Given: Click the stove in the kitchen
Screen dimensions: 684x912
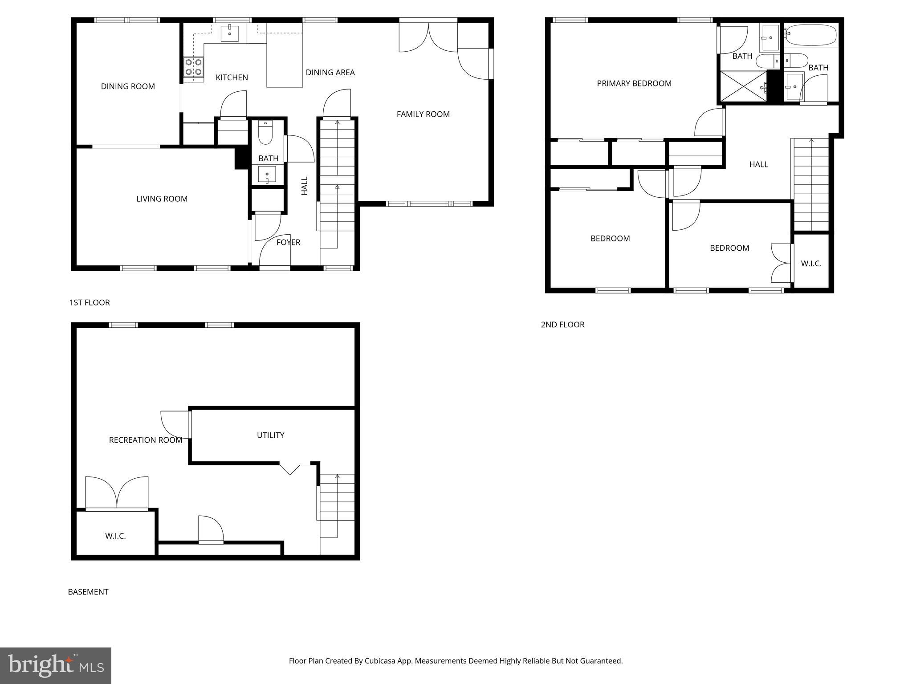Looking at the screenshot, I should click(x=193, y=67).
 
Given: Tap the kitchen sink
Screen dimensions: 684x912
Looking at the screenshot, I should click(x=230, y=33).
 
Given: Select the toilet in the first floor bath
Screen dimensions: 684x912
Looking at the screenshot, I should click(x=265, y=133).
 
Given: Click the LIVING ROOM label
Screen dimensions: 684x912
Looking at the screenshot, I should click(x=162, y=199).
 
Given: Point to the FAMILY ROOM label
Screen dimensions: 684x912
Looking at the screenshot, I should click(x=423, y=114).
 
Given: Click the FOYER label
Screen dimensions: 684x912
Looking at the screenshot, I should click(x=288, y=242).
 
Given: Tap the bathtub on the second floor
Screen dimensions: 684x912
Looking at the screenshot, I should click(x=811, y=34).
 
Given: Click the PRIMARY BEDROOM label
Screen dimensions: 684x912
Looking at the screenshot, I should click(x=634, y=84).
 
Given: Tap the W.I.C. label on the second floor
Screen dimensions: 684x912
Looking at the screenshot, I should click(x=811, y=264).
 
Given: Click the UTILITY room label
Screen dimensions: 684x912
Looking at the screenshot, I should click(x=270, y=435).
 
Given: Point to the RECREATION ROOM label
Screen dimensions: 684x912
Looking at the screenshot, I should click(x=146, y=440).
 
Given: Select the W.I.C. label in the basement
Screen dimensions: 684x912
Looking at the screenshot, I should click(x=115, y=536).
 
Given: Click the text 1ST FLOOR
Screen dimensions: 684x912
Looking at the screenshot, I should click(x=90, y=303).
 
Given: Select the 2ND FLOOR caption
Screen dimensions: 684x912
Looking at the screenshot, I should click(x=562, y=325).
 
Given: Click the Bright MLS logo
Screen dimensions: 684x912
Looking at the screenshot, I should click(x=56, y=665).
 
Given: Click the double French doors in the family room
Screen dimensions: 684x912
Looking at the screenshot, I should click(x=428, y=37).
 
